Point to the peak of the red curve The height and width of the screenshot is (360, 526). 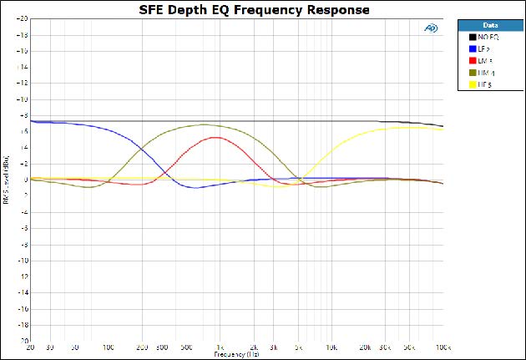pyautogui.click(x=215, y=137)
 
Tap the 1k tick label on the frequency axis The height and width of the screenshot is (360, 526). pyautogui.click(x=220, y=347)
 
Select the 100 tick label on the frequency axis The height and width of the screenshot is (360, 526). pyautogui.click(x=109, y=347)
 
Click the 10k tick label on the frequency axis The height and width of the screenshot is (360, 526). pyautogui.click(x=331, y=347)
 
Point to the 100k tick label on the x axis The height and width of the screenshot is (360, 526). pyautogui.click(x=443, y=347)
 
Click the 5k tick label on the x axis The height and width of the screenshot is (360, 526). pyautogui.click(x=298, y=347)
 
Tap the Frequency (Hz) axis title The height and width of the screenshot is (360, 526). pyautogui.click(x=236, y=354)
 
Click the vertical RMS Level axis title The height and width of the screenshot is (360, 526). pyautogui.click(x=7, y=180)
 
